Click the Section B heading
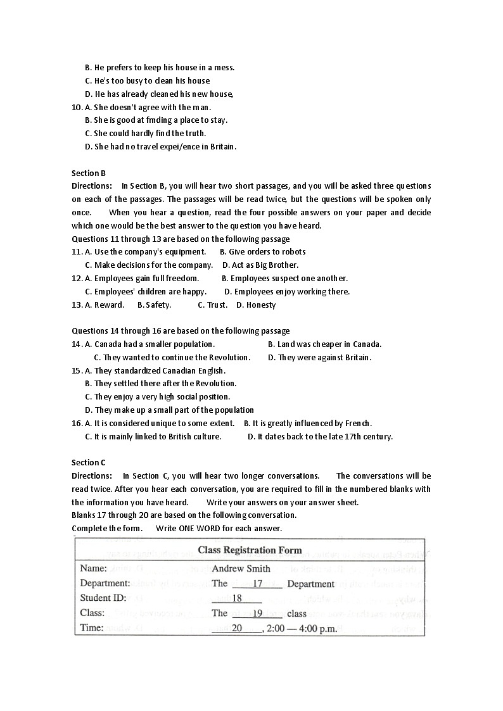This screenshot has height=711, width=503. click(x=89, y=173)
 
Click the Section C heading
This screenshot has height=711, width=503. click(x=89, y=462)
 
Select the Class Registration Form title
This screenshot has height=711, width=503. click(x=250, y=550)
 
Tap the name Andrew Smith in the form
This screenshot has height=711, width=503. click(x=241, y=569)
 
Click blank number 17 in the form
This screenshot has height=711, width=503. click(x=257, y=584)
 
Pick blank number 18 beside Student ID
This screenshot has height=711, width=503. click(x=238, y=598)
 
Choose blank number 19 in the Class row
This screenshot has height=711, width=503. click(x=257, y=613)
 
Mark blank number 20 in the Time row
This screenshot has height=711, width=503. click(x=237, y=628)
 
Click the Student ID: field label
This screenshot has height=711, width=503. click(x=103, y=598)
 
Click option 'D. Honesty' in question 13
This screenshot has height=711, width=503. click(x=256, y=305)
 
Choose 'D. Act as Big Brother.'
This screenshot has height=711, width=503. click(x=260, y=265)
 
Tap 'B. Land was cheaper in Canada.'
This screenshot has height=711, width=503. click(x=324, y=344)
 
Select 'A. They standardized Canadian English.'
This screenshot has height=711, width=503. click(x=155, y=370)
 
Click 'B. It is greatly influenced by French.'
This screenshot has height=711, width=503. click(x=308, y=423)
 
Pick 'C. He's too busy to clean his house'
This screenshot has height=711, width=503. click(x=147, y=80)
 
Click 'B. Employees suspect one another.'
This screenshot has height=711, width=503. click(x=284, y=278)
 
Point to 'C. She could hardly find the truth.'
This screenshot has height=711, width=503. click(x=145, y=133)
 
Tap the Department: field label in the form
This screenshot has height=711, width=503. click(x=105, y=583)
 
